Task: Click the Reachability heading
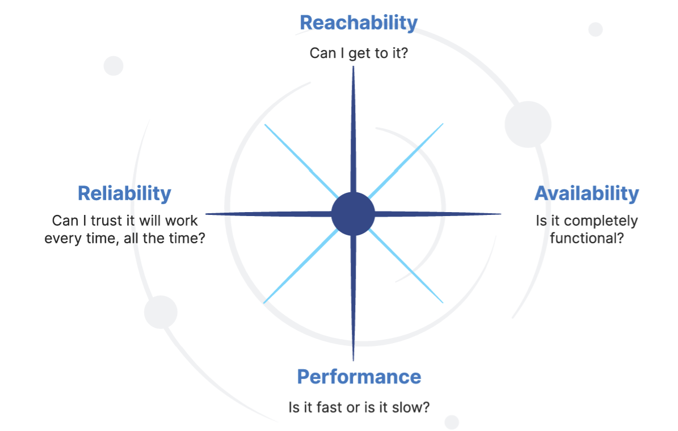point(358,23)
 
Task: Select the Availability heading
point(586,193)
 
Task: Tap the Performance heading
point(359,377)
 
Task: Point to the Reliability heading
point(124,193)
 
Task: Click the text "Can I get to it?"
point(358,53)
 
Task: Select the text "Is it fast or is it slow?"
point(359,407)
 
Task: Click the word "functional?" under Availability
point(587,238)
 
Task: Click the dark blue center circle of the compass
point(353,214)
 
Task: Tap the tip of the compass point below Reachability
point(353,68)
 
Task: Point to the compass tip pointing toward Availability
point(499,214)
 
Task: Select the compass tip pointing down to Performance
point(353,359)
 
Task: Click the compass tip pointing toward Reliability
point(208,214)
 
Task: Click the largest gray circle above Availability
point(528,124)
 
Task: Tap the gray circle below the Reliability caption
point(161,312)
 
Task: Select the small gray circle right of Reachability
point(595,29)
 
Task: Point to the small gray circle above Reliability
point(113,66)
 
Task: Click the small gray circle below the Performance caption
point(452,421)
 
